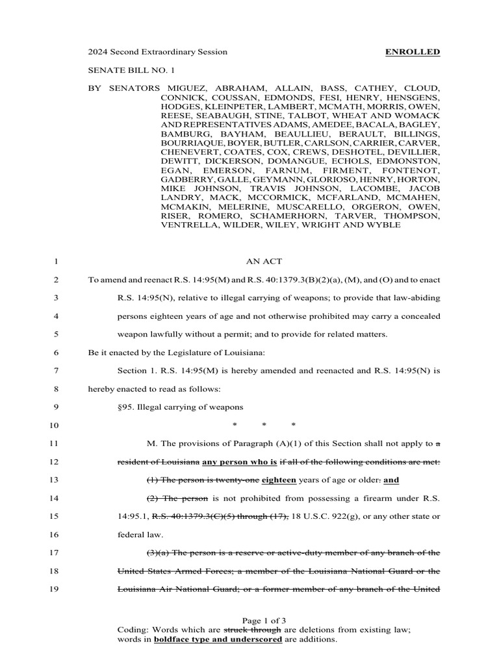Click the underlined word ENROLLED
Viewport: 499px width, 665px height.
tap(413, 52)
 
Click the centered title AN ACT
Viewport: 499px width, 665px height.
tap(264, 263)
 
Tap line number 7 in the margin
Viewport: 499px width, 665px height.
tap(57, 371)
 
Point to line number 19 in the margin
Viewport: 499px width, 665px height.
tap(55, 589)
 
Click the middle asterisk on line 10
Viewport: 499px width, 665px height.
tap(264, 426)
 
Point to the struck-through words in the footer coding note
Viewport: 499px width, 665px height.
tap(252, 629)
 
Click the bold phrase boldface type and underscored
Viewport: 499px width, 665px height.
tap(218, 639)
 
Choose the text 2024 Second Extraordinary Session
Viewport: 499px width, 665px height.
tap(158, 52)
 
